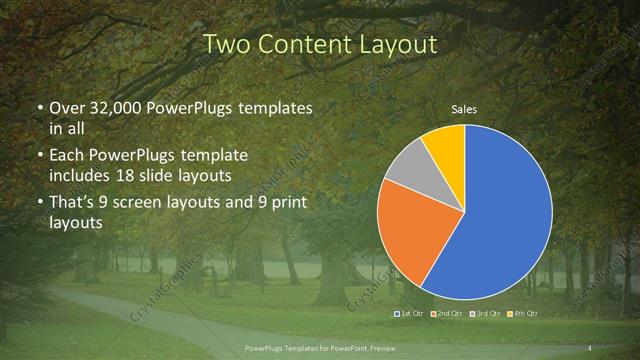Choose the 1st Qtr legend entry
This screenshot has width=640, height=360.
click(x=411, y=314)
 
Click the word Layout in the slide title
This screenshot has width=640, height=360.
click(x=396, y=45)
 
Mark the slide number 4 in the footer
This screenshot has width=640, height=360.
click(x=589, y=347)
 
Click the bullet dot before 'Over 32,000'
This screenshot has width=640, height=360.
click(x=39, y=108)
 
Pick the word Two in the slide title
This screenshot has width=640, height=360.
click(x=226, y=45)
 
